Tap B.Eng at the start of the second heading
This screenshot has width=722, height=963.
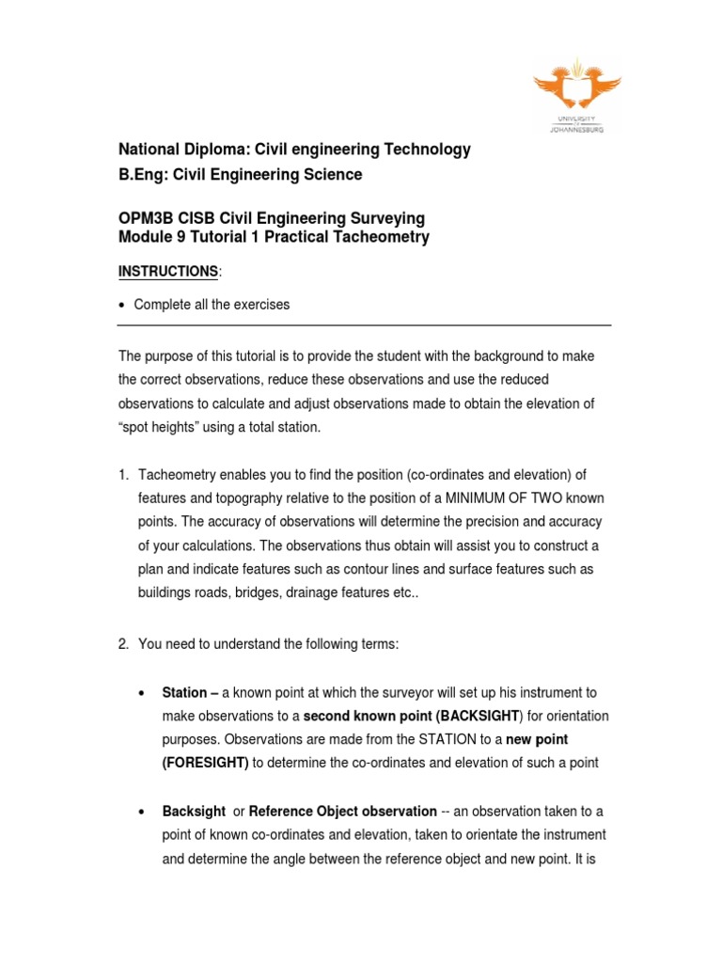pyautogui.click(x=139, y=174)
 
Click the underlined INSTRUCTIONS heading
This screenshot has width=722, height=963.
pyautogui.click(x=167, y=272)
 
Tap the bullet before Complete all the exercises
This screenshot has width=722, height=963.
pyautogui.click(x=122, y=305)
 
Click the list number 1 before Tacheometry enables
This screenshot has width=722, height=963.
pyautogui.click(x=122, y=474)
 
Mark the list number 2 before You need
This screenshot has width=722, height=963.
pyautogui.click(x=122, y=644)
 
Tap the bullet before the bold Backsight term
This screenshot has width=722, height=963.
pyautogui.click(x=140, y=812)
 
